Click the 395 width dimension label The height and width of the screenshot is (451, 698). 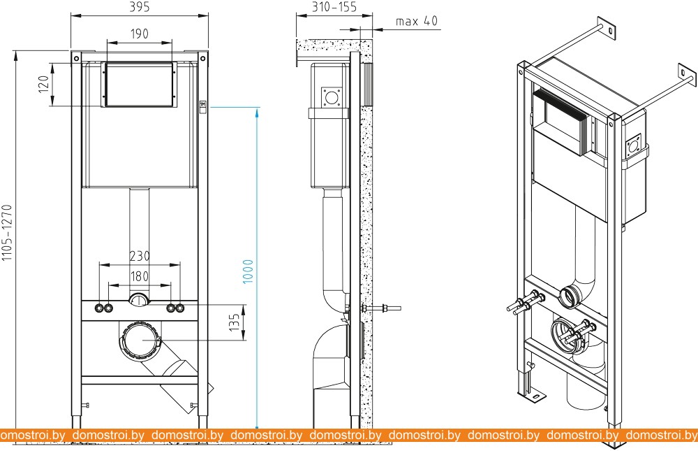[140, 7]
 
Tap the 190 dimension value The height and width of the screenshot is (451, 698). [140, 34]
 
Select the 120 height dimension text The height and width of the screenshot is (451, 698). [43, 85]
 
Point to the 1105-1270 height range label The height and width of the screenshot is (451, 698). [7, 232]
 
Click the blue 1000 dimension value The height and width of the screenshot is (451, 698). [248, 271]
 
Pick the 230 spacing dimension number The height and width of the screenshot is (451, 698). [140, 256]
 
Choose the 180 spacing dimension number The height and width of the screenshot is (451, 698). [140, 277]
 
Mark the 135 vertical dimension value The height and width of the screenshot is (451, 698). [234, 322]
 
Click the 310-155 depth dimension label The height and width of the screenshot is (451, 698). [334, 7]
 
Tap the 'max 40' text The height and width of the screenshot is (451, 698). [417, 21]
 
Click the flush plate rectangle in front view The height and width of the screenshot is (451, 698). [140, 85]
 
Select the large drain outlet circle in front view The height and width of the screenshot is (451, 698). [140, 341]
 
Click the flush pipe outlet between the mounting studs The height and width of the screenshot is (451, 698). [140, 300]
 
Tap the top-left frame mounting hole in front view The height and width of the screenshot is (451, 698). [77, 58]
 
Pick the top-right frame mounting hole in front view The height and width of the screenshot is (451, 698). [202, 58]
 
